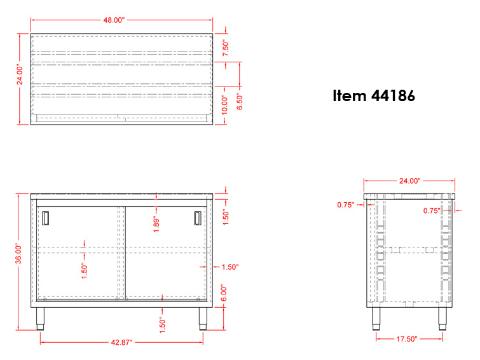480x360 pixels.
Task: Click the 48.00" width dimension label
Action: (114, 20)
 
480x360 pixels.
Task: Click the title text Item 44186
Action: (374, 95)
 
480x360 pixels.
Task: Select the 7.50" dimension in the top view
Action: (226, 48)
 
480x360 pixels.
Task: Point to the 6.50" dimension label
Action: (240, 101)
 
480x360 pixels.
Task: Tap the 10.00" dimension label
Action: (224, 104)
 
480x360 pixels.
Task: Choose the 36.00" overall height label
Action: (18, 254)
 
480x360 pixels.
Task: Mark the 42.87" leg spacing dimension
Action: (121, 342)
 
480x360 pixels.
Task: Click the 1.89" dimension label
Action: (156, 225)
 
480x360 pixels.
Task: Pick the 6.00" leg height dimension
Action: (224, 293)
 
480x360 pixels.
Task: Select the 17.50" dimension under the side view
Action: (406, 339)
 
